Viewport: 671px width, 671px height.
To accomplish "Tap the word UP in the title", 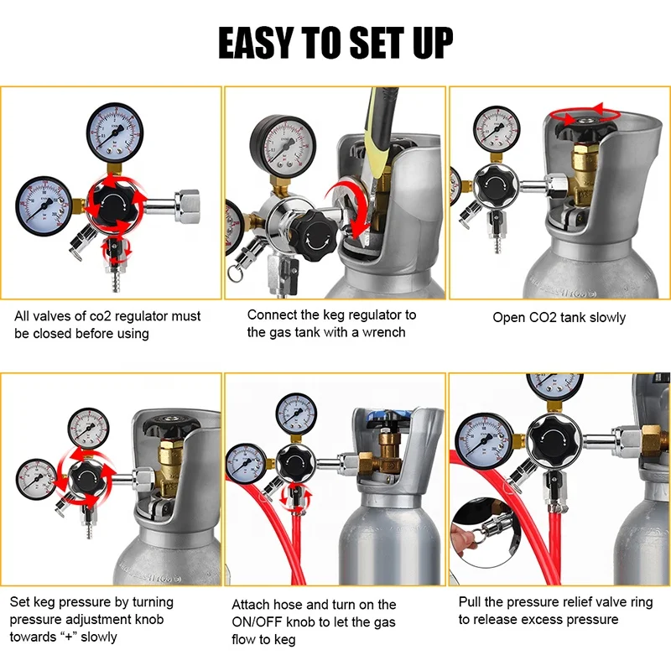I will pos(425,42).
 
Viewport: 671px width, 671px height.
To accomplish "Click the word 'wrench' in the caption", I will pos(384,331).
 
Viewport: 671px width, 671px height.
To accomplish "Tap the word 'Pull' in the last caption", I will pos(471,601).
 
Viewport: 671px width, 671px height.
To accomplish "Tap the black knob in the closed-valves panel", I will pos(115,204).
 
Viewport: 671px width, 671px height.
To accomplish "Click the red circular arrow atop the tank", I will pos(583,117).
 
